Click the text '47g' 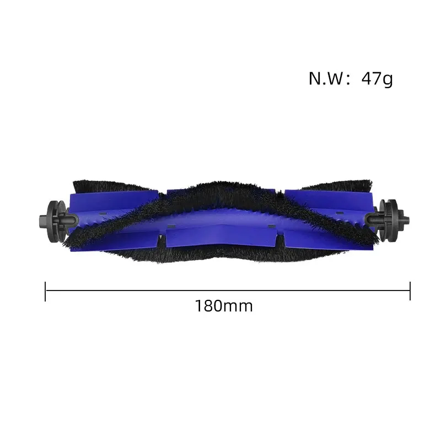click(377, 79)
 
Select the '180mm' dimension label click(224, 306)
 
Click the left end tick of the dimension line click(45, 291)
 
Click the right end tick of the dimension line click(410, 291)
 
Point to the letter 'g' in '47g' click(388, 80)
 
